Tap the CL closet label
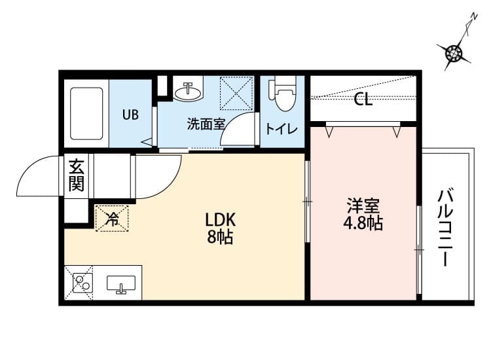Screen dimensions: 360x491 click(x=363, y=100)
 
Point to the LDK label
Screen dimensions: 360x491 click(x=221, y=219)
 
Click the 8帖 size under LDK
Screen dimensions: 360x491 click(x=221, y=236)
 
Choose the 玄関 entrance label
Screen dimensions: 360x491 click(x=77, y=175)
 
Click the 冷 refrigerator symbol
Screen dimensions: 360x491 click(x=113, y=219)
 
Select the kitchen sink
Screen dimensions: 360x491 click(x=120, y=284)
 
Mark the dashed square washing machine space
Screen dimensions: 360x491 click(x=236, y=93)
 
